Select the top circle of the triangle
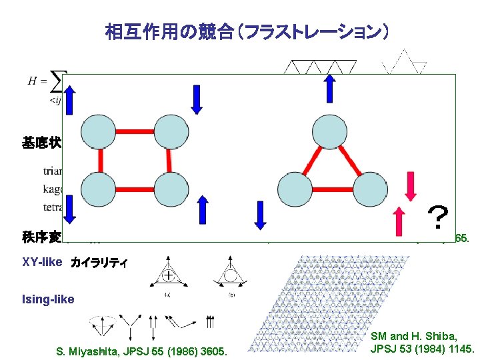click(329, 132)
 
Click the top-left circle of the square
click(99, 131)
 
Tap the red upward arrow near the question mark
click(399, 221)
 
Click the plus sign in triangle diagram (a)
click(171, 274)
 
